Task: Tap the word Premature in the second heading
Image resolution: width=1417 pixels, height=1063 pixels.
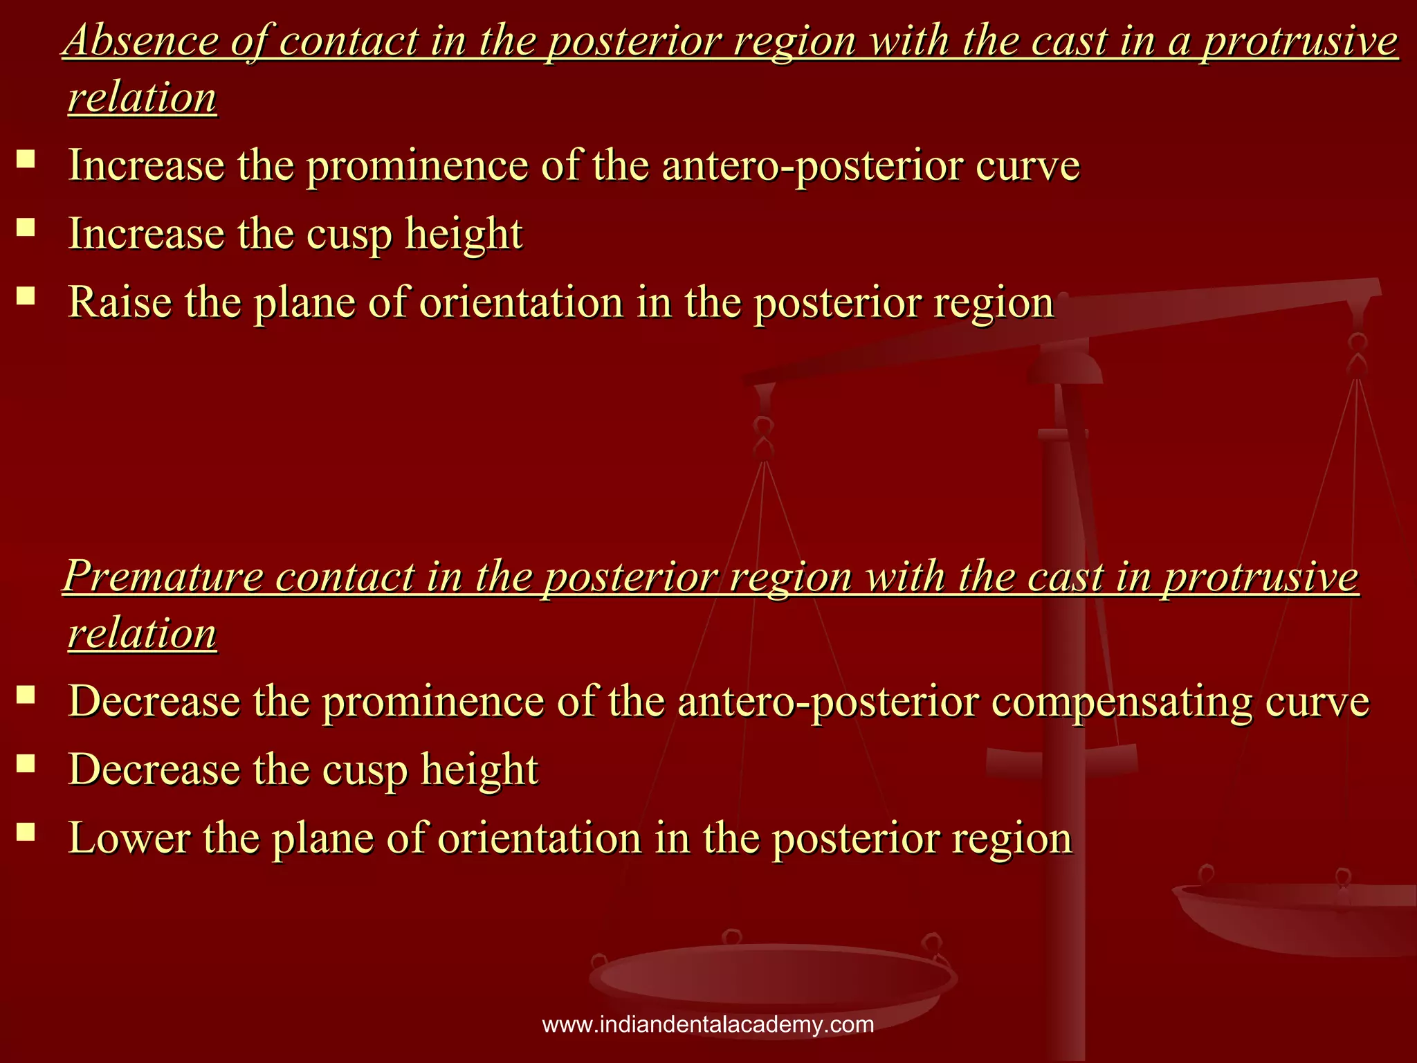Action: tap(163, 576)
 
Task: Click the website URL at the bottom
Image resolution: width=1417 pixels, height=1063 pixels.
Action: tap(708, 1024)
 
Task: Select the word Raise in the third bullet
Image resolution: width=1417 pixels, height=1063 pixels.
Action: tap(120, 302)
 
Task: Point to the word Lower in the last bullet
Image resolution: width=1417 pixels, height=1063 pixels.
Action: tap(129, 838)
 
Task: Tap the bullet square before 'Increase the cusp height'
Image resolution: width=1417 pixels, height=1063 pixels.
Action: tap(26, 228)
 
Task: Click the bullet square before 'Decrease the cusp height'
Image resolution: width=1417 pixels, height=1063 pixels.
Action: tap(26, 763)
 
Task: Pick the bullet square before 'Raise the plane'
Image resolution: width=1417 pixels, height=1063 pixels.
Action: tap(26, 296)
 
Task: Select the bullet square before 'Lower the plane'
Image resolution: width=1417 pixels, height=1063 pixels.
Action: tap(26, 832)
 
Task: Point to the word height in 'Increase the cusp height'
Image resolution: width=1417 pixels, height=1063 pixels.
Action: tap(464, 234)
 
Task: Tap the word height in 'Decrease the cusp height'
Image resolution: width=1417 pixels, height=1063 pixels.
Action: tap(479, 770)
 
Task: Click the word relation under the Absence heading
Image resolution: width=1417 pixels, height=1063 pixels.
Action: tap(143, 98)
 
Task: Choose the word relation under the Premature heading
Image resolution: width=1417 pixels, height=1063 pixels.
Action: tap(143, 633)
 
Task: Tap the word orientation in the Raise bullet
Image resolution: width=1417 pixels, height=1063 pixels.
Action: tap(522, 302)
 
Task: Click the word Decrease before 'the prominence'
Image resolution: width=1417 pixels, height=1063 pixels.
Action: tap(154, 701)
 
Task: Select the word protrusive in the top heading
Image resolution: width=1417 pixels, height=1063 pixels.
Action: tap(1299, 40)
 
